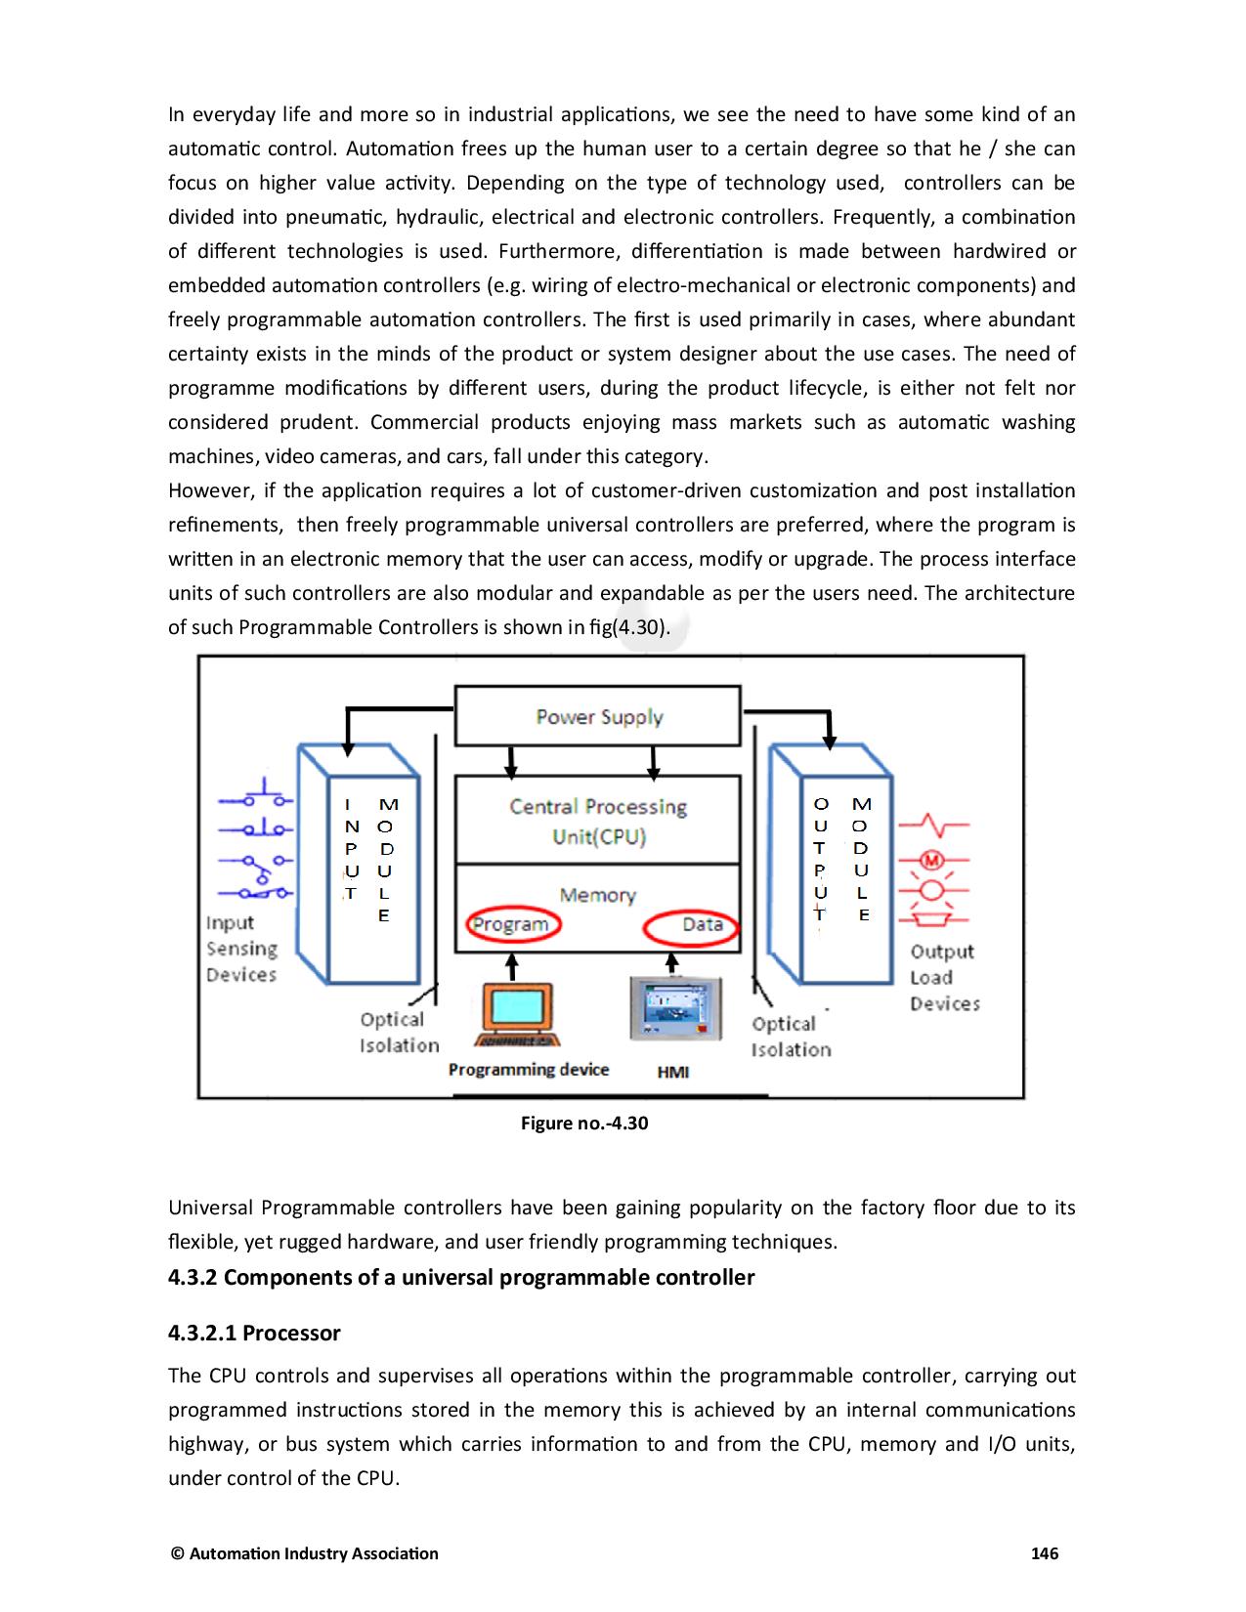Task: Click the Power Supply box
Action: tap(598, 717)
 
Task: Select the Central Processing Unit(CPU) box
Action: tap(598, 821)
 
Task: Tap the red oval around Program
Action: tap(512, 925)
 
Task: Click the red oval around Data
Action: tap(691, 925)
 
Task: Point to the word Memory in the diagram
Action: tap(597, 895)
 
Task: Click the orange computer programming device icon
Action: tap(517, 1014)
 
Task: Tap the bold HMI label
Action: tap(672, 1072)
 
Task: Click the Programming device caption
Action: tap(528, 1070)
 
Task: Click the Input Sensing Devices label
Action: tap(241, 949)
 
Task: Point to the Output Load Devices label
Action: tap(944, 977)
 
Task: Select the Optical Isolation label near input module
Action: tap(399, 1033)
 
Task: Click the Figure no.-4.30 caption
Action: tap(584, 1123)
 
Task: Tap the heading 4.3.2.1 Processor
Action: tap(254, 1333)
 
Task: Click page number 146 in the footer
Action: tap(1045, 1553)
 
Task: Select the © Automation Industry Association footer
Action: tap(304, 1553)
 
